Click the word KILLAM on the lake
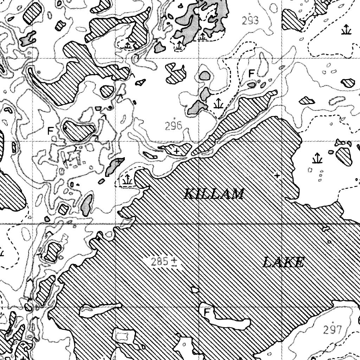tap(214, 194)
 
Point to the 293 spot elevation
tap(250, 21)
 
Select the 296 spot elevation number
tap(174, 126)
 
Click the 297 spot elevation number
tap(333, 330)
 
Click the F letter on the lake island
tap(207, 312)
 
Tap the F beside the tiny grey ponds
tap(251, 73)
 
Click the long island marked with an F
tap(229, 320)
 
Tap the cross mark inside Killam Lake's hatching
tap(278, 175)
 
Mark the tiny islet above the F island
tap(194, 289)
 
